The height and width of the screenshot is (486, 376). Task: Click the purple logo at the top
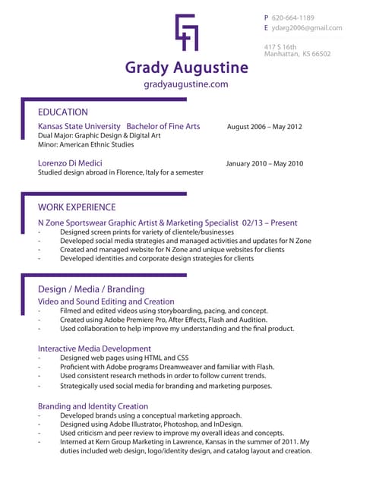click(x=187, y=32)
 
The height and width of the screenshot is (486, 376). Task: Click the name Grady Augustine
click(x=187, y=68)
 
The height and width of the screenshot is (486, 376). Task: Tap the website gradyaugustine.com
click(x=186, y=84)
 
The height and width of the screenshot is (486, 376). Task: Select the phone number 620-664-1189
click(x=292, y=17)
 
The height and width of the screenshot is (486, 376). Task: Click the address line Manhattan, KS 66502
click(x=297, y=55)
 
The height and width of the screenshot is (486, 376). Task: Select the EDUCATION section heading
click(x=63, y=112)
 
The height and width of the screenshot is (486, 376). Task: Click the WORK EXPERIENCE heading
click(x=77, y=207)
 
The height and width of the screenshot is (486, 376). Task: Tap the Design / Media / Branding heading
click(x=91, y=289)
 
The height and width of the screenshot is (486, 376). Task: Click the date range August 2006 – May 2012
click(x=264, y=127)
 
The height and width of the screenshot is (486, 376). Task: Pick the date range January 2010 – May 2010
click(x=264, y=163)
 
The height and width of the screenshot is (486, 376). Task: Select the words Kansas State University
click(x=79, y=126)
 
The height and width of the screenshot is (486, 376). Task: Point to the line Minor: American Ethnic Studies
click(x=86, y=144)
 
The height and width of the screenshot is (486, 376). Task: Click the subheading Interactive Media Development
click(x=94, y=349)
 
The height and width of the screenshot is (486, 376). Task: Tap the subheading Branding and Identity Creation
click(x=93, y=406)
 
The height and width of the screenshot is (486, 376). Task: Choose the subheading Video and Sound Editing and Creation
click(x=106, y=301)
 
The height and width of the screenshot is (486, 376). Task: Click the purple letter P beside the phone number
click(x=266, y=17)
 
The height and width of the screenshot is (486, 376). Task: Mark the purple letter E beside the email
click(x=266, y=28)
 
